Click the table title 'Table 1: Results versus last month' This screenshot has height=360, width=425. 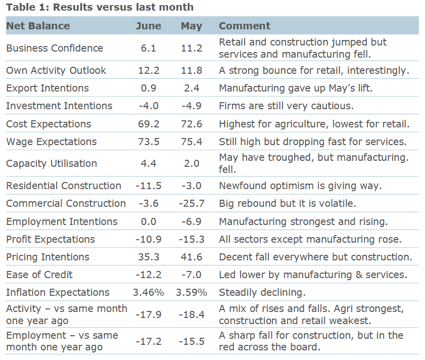[x=99, y=7]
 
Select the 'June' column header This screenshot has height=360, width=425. [x=149, y=26]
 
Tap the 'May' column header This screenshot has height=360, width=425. [x=192, y=26]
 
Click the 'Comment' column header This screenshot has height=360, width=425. [x=245, y=26]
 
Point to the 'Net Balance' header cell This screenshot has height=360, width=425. [x=38, y=26]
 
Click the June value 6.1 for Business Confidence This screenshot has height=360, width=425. [x=149, y=49]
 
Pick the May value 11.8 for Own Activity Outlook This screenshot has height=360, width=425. [x=192, y=70]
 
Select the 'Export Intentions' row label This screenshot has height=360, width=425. [x=48, y=88]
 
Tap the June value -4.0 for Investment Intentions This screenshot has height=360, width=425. [x=149, y=106]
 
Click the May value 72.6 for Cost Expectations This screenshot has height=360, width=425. [x=192, y=124]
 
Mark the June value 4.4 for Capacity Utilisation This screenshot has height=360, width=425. [x=149, y=164]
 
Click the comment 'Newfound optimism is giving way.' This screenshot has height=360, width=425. [x=300, y=186]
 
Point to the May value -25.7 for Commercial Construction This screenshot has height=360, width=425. [x=192, y=204]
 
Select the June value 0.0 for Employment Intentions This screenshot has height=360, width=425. [x=149, y=221]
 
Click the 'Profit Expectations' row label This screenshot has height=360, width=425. [x=50, y=239]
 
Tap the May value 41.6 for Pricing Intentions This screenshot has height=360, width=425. [x=192, y=257]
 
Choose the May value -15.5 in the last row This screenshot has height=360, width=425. [x=192, y=342]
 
